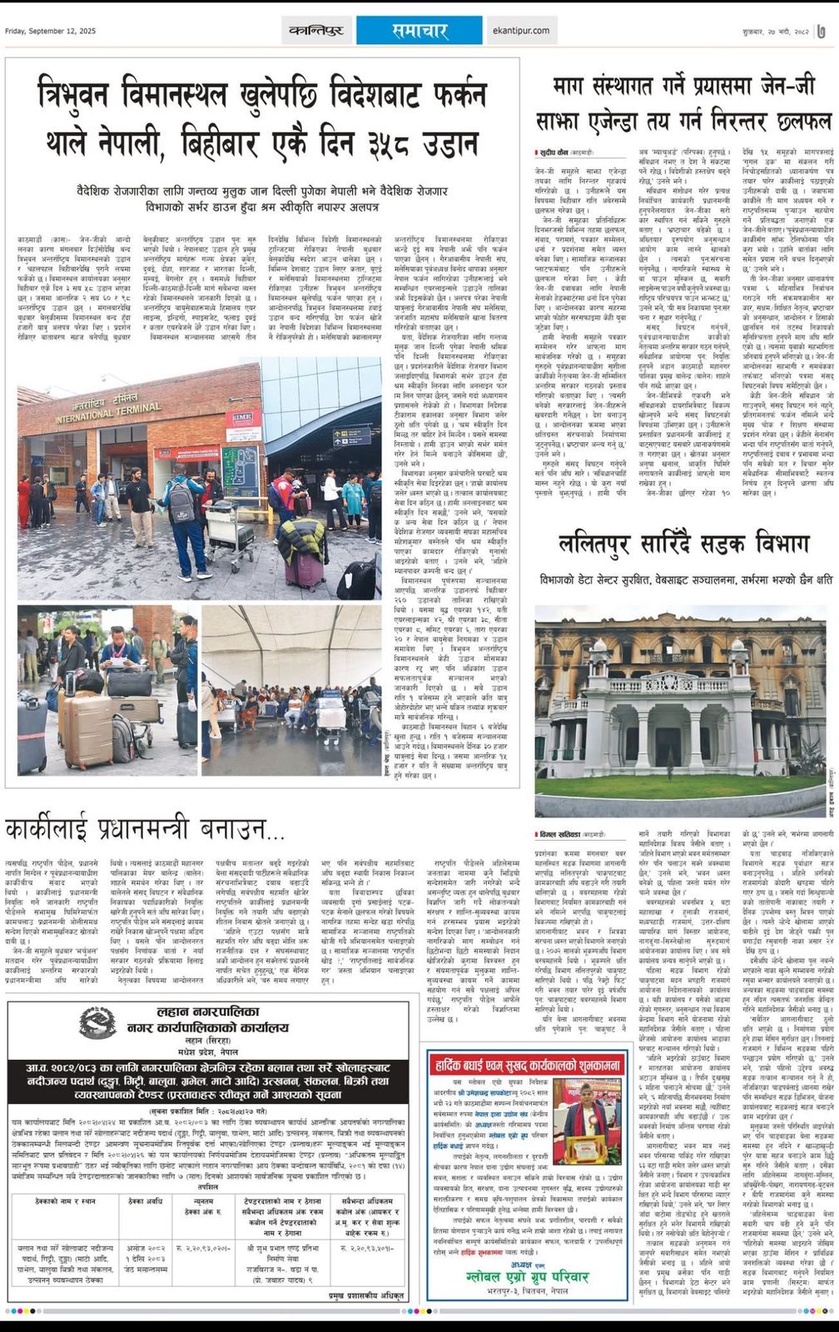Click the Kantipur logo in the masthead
316,31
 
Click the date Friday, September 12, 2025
51,31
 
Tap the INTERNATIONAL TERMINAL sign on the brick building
108,410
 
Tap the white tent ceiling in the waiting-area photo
291,637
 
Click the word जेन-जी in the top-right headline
787,87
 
